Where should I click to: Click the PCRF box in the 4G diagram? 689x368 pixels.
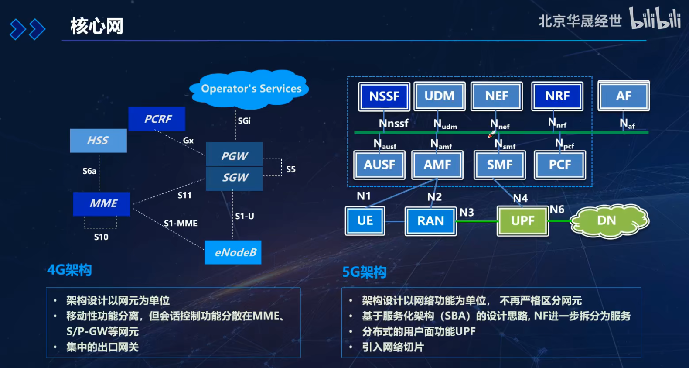157,119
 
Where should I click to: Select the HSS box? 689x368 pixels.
99,140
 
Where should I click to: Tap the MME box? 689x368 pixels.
102,203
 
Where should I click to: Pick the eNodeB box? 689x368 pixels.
233,252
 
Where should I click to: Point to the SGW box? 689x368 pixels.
235,178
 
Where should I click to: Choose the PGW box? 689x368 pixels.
235,155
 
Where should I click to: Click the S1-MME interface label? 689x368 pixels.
181,224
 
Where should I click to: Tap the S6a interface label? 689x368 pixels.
89,171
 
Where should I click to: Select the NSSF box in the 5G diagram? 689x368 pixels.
384,96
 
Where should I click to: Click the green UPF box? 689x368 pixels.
522,221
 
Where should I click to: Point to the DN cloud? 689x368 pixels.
608,220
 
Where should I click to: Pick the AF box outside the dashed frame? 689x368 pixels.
624,96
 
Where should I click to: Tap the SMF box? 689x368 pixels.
500,165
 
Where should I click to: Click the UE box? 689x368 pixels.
365,221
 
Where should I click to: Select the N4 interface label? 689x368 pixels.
520,199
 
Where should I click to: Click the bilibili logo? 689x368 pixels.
655,19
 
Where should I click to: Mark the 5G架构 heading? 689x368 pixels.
365,272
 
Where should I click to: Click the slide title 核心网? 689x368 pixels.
97,26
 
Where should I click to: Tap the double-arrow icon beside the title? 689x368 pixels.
27,29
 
